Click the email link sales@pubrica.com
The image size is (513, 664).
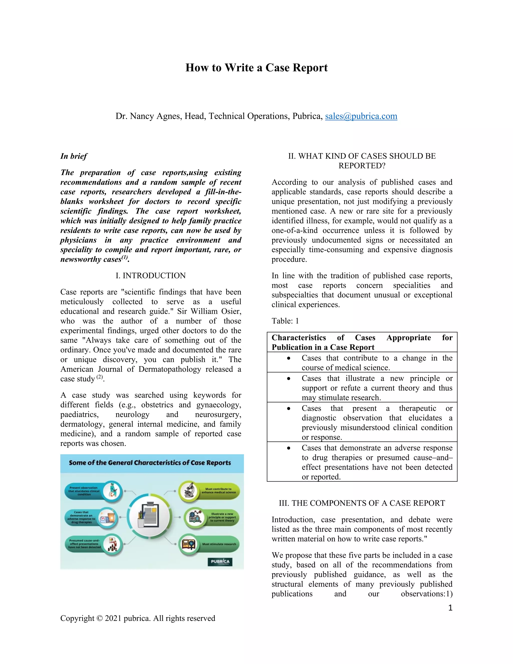point(361,116)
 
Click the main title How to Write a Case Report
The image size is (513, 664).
point(256,67)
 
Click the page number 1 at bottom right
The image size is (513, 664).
point(450,608)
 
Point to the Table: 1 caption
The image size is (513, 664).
point(285,321)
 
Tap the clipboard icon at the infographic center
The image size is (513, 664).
point(149,517)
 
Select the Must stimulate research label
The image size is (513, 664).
point(219,544)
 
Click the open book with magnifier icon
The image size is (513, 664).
point(189,544)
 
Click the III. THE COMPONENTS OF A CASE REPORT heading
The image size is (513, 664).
point(362,503)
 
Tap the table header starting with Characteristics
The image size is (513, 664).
point(362,342)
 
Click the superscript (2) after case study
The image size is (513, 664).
point(100,377)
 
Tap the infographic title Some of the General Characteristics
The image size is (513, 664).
point(150,463)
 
